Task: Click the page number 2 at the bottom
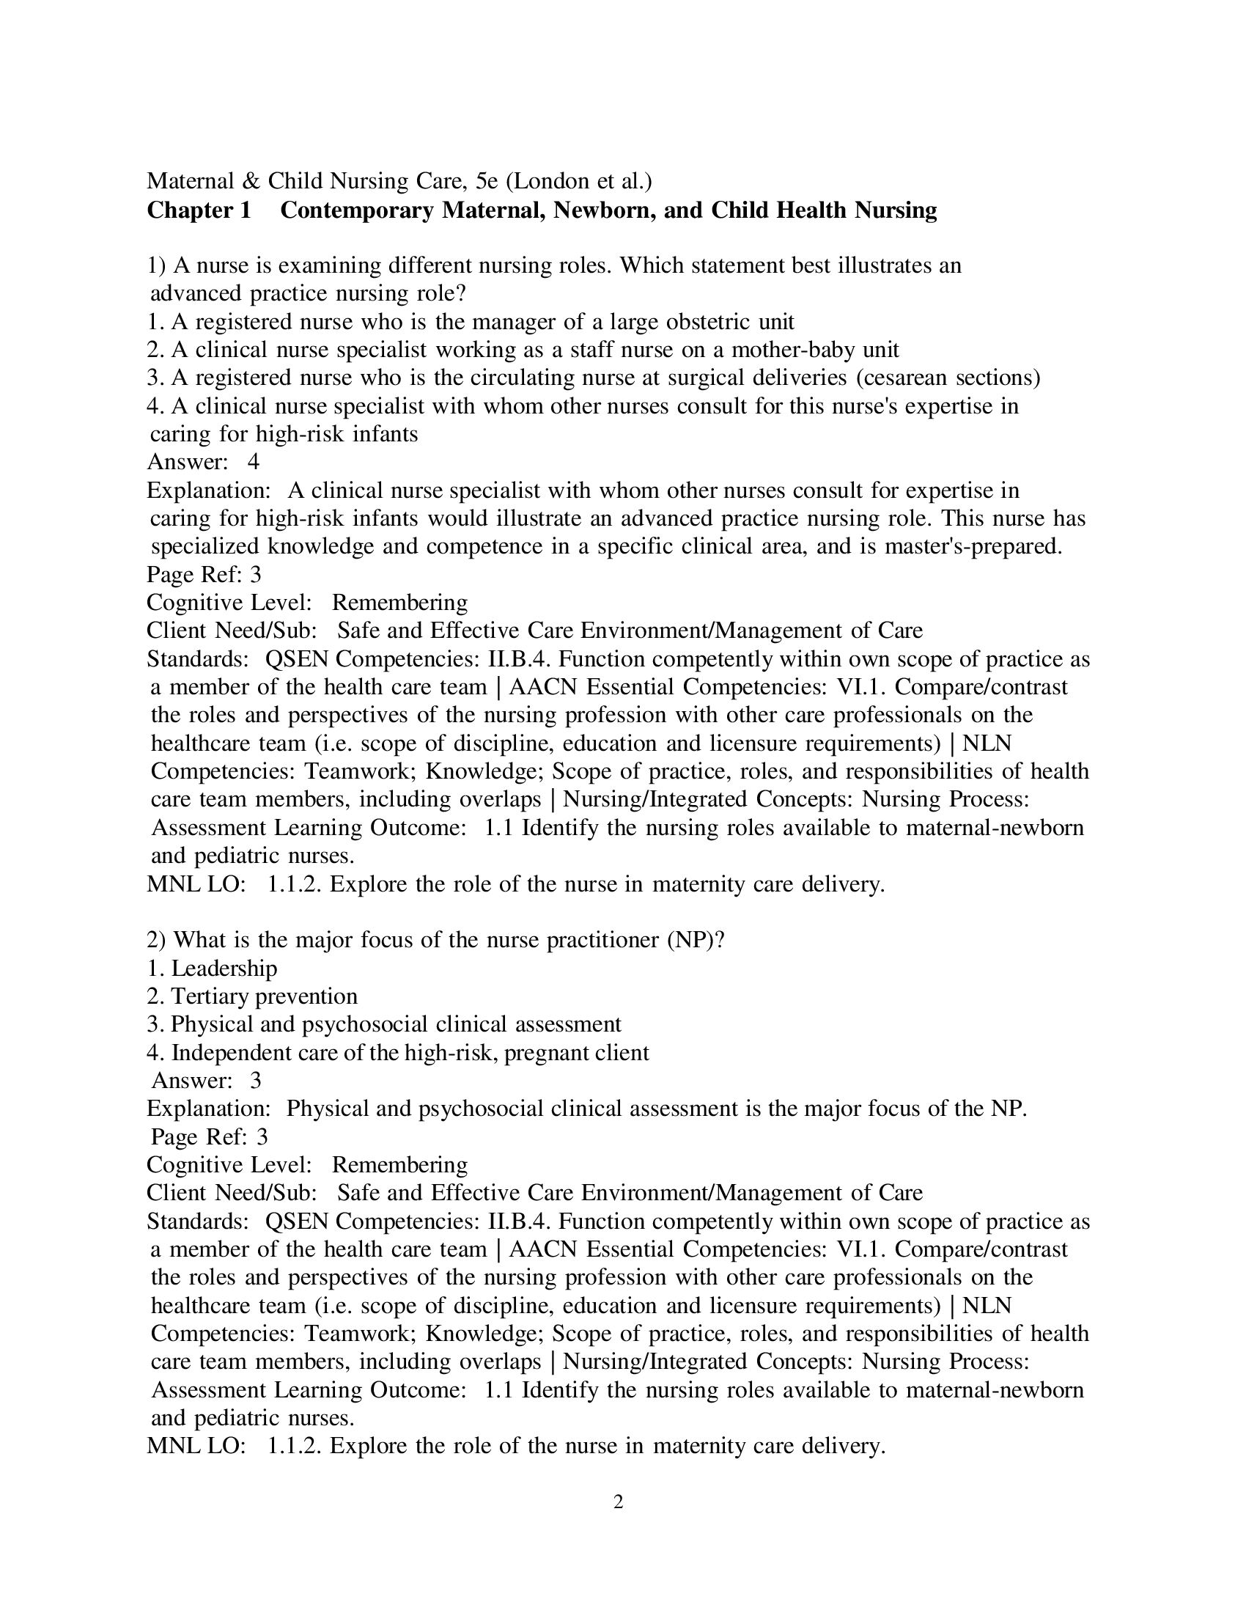(x=619, y=1502)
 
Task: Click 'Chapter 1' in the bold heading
(x=199, y=210)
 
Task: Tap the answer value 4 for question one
(x=253, y=462)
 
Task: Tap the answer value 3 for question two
(x=255, y=1081)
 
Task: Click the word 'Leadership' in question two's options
(x=224, y=969)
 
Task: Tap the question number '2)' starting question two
(x=157, y=940)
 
